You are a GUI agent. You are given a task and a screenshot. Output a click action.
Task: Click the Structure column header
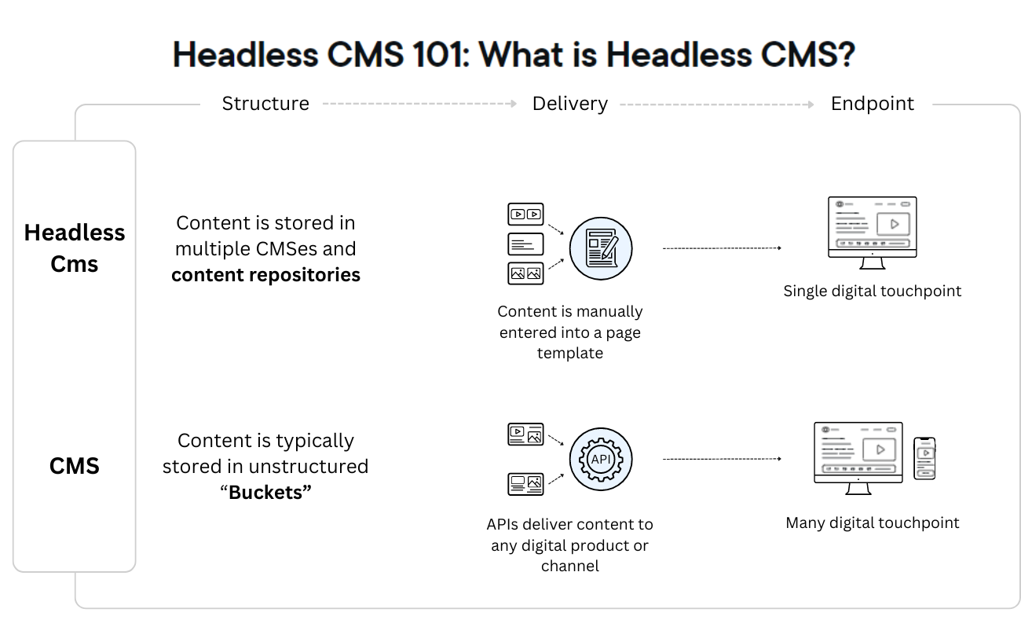(265, 104)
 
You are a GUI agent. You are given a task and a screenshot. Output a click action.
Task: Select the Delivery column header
(569, 104)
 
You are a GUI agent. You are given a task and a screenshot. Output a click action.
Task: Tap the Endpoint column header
(872, 104)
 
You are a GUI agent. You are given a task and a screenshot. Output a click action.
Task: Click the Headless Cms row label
(75, 247)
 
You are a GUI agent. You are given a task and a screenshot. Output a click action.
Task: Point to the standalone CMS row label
(75, 466)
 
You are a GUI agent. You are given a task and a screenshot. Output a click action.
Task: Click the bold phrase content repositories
(265, 275)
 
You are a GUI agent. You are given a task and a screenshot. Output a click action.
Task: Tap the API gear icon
(600, 459)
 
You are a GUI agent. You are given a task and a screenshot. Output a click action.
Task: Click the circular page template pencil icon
(600, 248)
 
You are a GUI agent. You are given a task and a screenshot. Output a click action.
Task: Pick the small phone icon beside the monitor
(925, 458)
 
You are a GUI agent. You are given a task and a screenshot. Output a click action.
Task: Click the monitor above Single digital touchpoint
(872, 228)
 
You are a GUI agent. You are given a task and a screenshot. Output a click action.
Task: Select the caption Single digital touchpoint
(872, 291)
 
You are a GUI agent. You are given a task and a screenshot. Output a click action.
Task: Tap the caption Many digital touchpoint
(872, 522)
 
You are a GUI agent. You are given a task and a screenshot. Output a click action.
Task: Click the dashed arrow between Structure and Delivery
(419, 104)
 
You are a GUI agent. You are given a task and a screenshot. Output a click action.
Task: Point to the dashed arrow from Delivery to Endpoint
(716, 104)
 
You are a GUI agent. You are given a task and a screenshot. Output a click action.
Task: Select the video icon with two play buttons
(525, 214)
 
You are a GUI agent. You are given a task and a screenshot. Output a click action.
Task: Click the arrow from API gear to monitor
(722, 458)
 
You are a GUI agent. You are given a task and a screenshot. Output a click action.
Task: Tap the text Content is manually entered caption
(570, 332)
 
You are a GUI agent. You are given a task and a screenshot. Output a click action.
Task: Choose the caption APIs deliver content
(570, 544)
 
